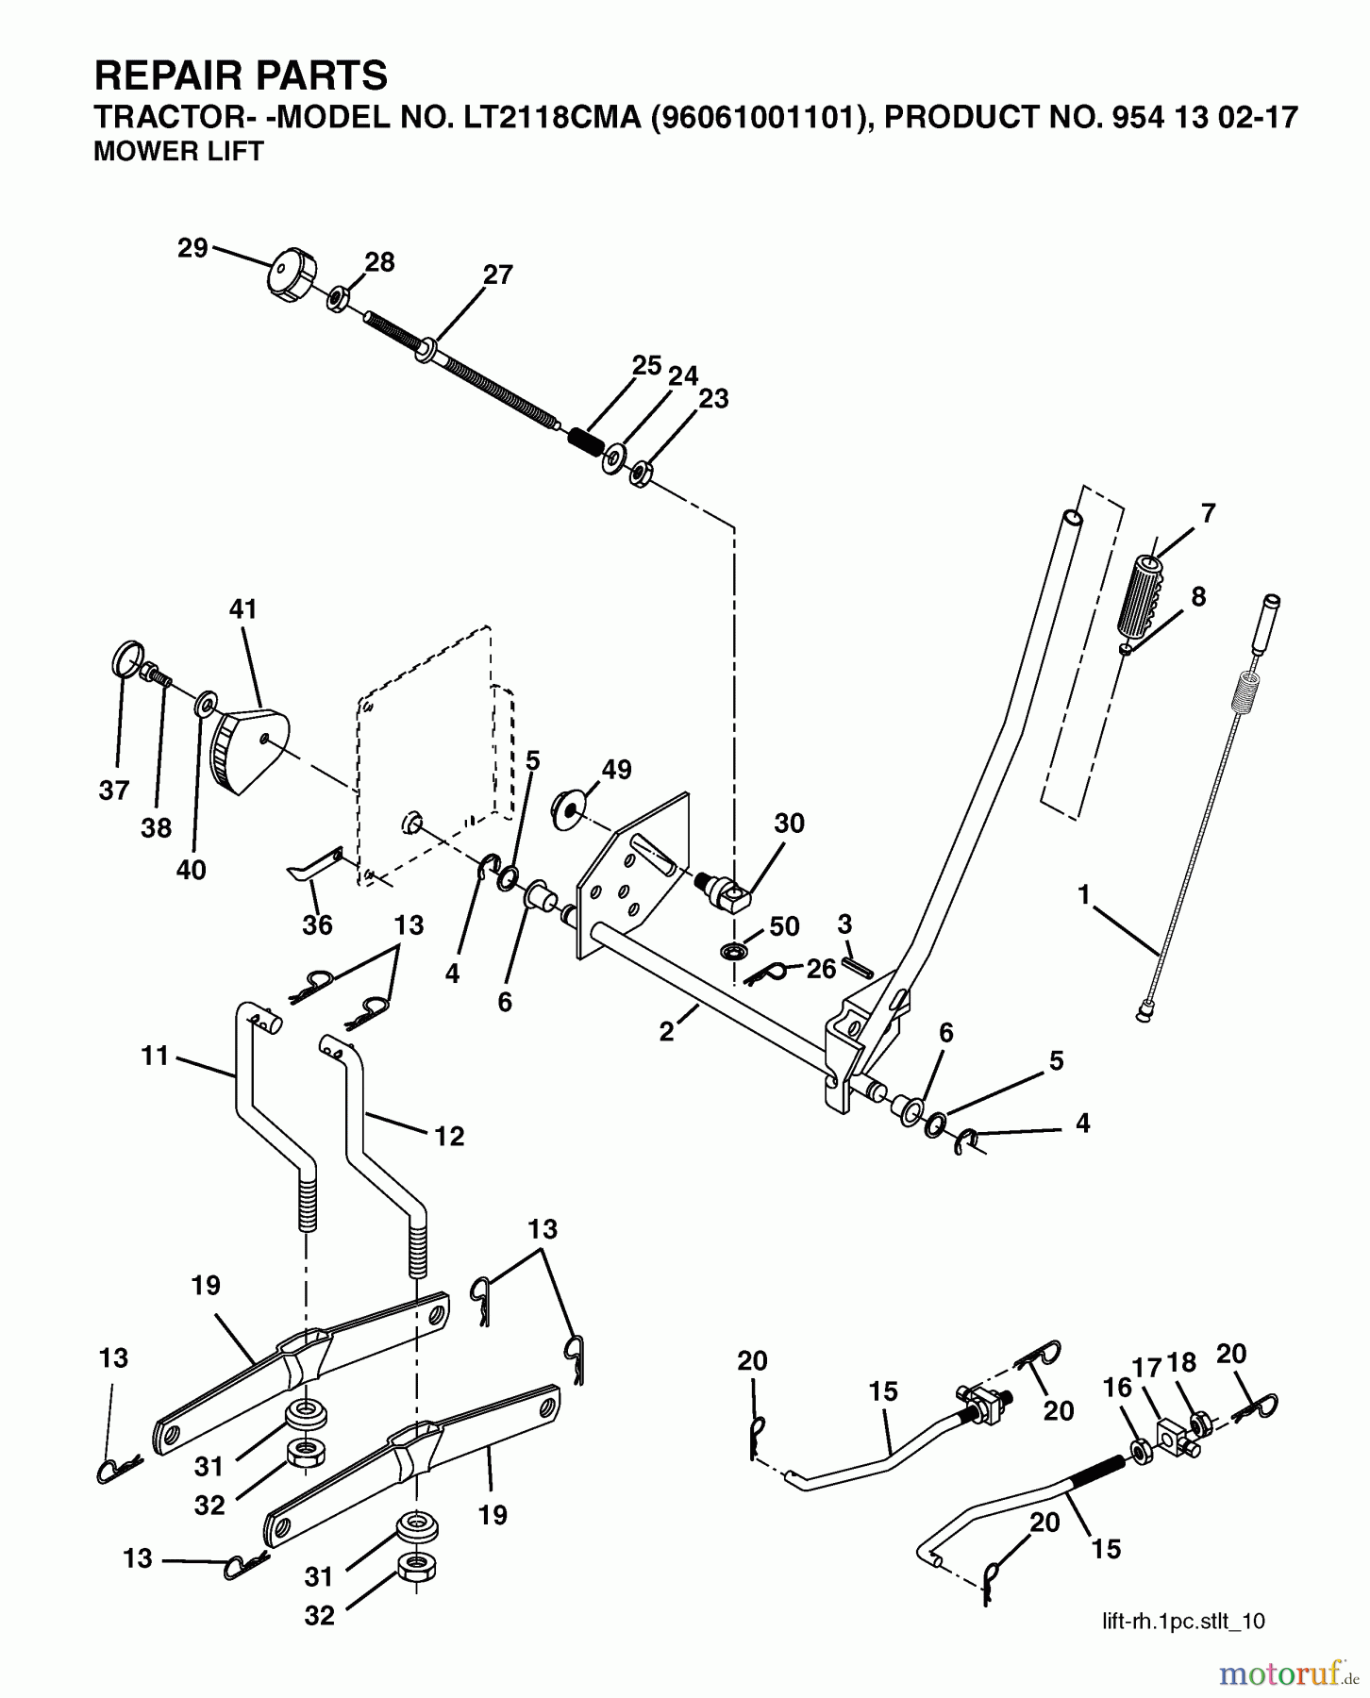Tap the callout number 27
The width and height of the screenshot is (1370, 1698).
[x=497, y=275]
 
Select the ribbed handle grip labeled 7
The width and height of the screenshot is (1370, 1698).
[x=1142, y=597]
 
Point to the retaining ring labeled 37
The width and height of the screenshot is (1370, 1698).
[x=129, y=657]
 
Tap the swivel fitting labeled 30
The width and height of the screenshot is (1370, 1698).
[x=727, y=891]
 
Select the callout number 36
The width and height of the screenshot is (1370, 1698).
[x=317, y=924]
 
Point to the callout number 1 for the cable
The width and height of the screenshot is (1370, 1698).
[x=1084, y=893]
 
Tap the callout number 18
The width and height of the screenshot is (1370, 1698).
[x=1180, y=1362]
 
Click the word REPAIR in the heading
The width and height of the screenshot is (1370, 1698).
[x=169, y=75]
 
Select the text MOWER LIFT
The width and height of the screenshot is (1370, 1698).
[x=178, y=151]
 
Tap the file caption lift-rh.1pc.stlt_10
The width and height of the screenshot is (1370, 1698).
[x=1183, y=1621]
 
